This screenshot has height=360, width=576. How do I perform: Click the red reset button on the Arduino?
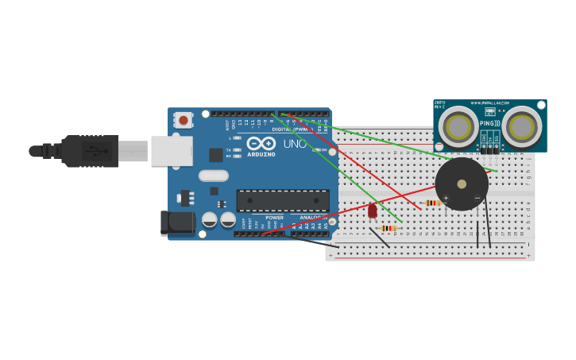point(184,120)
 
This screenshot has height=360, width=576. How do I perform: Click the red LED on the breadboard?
point(373,211)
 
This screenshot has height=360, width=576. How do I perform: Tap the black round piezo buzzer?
point(462,184)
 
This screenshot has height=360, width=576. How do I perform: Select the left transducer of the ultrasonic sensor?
point(458,127)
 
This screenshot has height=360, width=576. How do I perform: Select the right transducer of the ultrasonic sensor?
point(521,127)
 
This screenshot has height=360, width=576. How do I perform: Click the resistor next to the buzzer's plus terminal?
point(431,203)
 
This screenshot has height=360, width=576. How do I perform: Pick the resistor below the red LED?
point(389,228)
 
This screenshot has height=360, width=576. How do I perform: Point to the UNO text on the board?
point(295,144)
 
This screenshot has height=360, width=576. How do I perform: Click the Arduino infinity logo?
point(261,144)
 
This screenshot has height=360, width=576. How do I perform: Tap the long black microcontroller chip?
point(283,200)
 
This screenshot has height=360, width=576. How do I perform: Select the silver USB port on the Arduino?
point(172,151)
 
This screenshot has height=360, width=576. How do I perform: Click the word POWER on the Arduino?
point(274,217)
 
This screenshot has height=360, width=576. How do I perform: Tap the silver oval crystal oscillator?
point(213,176)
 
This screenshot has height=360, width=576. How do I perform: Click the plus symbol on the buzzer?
point(446,198)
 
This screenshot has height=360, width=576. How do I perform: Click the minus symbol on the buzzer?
point(477,198)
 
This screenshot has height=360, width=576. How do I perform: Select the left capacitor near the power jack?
point(210,219)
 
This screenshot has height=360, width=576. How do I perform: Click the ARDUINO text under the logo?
point(261,154)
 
